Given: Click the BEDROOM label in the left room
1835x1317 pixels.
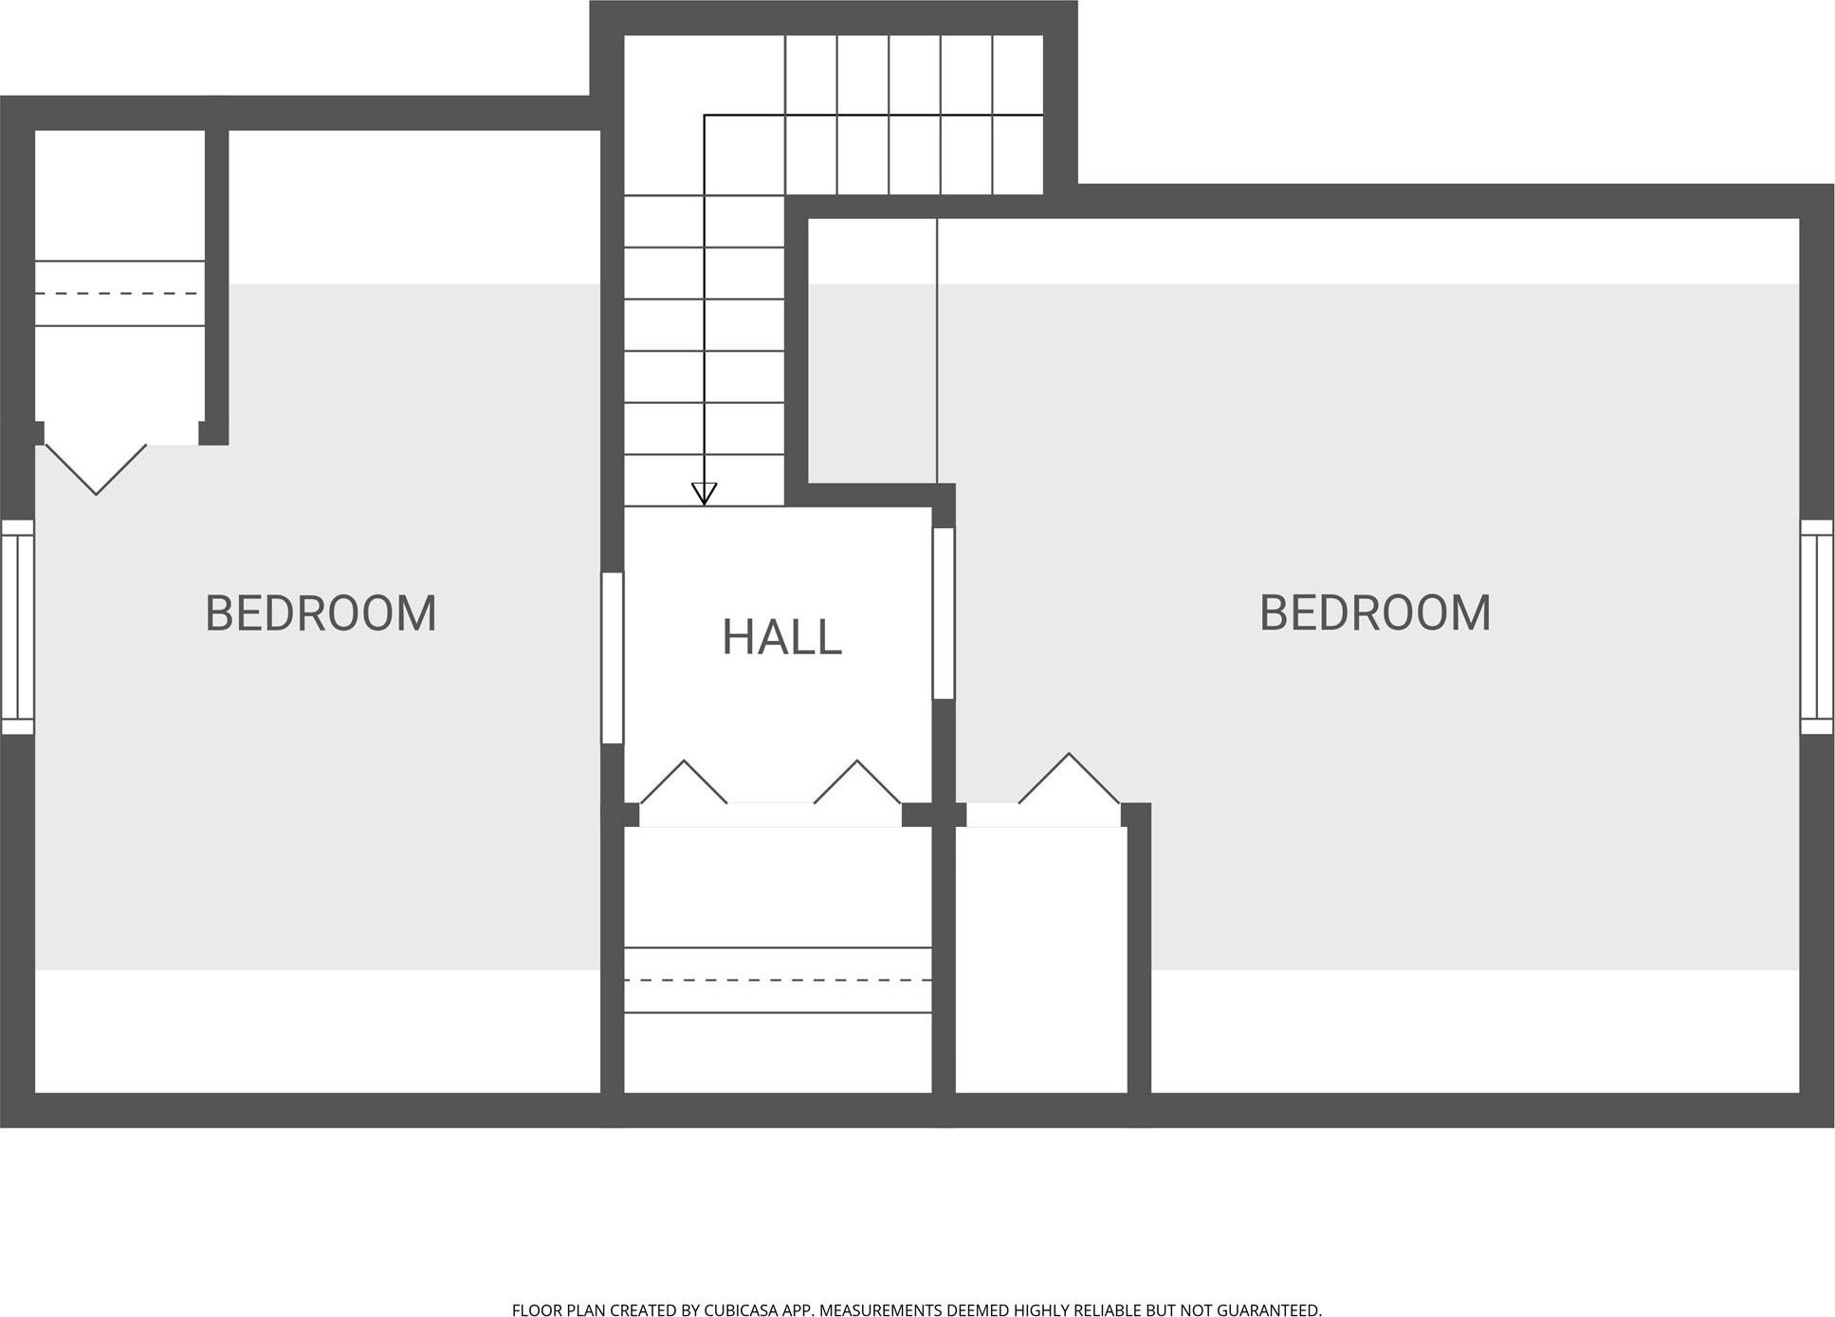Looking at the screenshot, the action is tap(321, 613).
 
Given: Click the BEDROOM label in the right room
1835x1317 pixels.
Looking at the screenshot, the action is tap(1375, 613).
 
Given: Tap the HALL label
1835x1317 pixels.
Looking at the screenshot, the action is tap(781, 637).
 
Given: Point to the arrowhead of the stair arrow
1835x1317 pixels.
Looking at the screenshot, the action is tap(704, 493).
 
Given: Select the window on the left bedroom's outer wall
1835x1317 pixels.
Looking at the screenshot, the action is tap(17, 627).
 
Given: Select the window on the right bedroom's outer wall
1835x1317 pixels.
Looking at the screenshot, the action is tap(1817, 627).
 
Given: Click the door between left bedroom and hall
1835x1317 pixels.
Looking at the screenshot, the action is tap(613, 657).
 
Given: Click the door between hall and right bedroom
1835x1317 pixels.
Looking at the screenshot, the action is tap(944, 613).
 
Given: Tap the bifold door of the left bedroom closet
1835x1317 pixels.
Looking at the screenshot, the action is tap(96, 468).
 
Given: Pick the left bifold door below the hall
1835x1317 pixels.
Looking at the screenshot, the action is tap(684, 782).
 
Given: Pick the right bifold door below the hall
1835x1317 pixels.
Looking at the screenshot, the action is tap(857, 782).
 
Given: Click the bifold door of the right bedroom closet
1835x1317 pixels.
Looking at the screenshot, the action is tap(1070, 778).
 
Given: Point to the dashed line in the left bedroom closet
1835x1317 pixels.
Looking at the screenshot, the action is tap(120, 294).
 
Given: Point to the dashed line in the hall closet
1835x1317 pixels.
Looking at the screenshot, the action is tap(778, 980).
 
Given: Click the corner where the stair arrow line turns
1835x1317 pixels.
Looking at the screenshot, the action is tap(704, 115).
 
